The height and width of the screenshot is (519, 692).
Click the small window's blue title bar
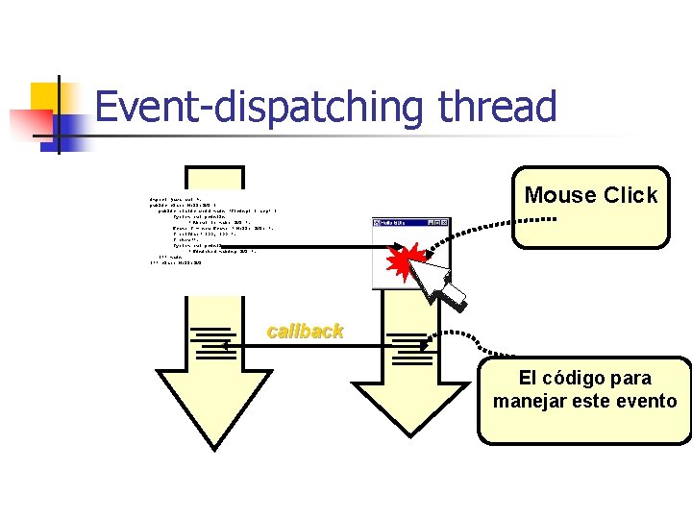402,222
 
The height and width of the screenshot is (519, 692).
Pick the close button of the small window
445,222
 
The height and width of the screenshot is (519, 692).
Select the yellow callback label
305,332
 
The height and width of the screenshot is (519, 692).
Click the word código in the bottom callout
570,378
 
